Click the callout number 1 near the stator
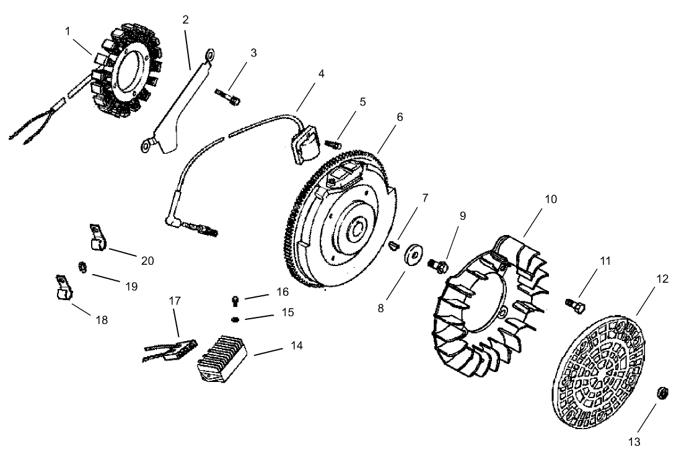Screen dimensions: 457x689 [68, 30]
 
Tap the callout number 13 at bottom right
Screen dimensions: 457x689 [634, 441]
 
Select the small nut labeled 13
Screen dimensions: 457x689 [662, 393]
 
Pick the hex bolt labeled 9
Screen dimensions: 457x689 [437, 265]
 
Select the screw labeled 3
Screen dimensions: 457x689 [227, 95]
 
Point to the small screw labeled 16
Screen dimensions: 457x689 [235, 301]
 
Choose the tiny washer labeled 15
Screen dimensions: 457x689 [235, 319]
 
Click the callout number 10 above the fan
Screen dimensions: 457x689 [550, 199]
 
